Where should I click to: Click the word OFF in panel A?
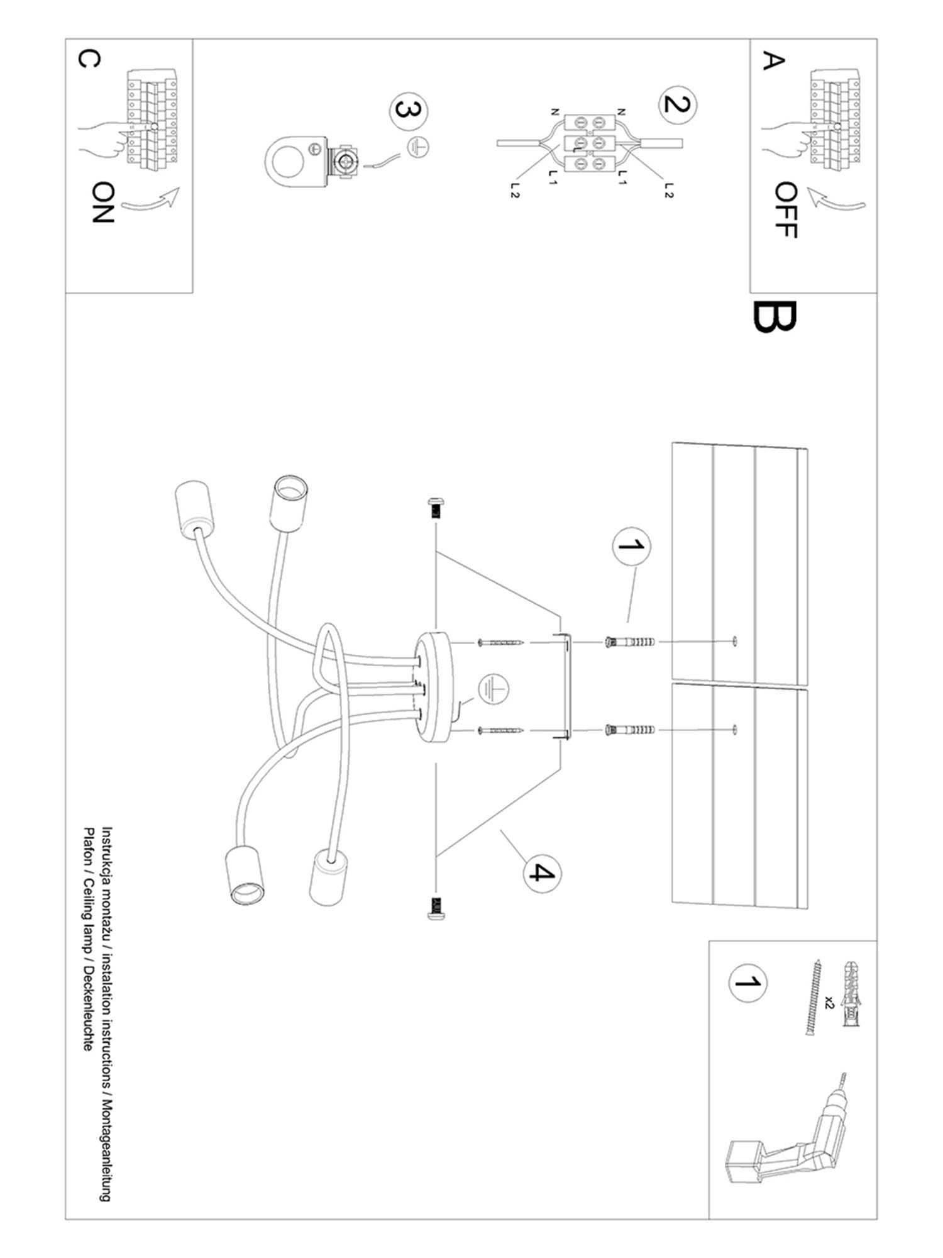pyautogui.click(x=786, y=210)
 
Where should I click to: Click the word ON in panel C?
pyautogui.click(x=102, y=203)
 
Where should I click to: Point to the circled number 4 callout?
pyautogui.click(x=542, y=873)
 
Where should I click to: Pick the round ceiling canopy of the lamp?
pyautogui.click(x=434, y=686)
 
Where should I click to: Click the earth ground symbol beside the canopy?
pyautogui.click(x=493, y=689)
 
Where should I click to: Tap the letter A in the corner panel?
pyautogui.click(x=774, y=61)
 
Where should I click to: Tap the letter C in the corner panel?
pyautogui.click(x=88, y=58)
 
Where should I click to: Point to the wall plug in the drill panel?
pyautogui.click(x=851, y=994)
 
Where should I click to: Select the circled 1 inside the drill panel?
pyautogui.click(x=747, y=982)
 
